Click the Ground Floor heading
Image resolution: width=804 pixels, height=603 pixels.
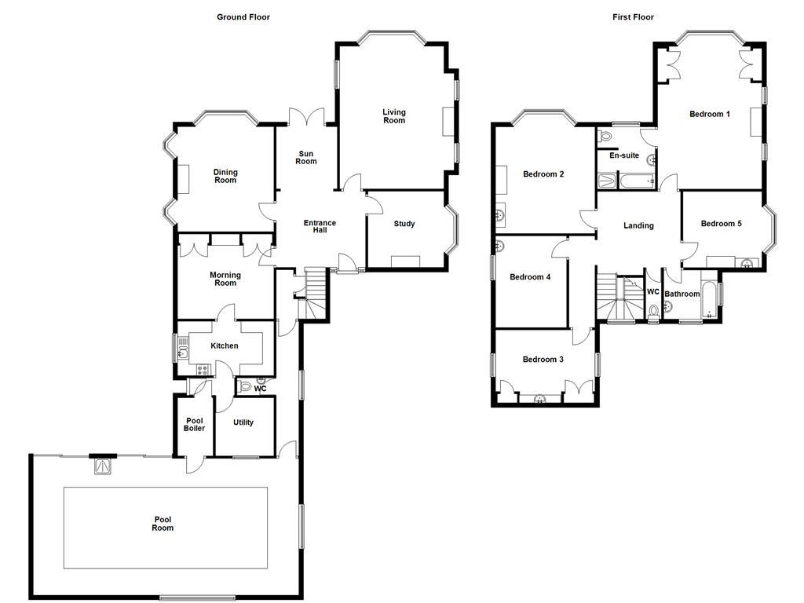[x=243, y=16]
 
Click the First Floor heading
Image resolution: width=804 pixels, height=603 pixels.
[x=633, y=16]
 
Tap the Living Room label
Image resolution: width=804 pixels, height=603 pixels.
[x=394, y=116]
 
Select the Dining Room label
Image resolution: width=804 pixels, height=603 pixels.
[x=225, y=177]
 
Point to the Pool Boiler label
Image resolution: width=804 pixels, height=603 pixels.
[x=194, y=425]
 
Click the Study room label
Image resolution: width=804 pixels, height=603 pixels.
[x=404, y=225]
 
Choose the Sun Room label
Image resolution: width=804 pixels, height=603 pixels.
[x=305, y=158]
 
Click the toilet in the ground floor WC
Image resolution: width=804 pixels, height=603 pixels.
[x=245, y=387]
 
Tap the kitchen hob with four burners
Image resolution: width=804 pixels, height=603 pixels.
[x=202, y=370]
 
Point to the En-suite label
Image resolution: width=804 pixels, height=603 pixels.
[x=624, y=155]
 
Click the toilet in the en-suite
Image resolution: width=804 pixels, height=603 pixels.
[x=605, y=137]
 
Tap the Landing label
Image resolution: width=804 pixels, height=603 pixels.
[x=638, y=226]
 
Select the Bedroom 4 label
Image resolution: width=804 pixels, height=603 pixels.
[x=530, y=277]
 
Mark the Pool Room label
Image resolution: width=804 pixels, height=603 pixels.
[x=163, y=524]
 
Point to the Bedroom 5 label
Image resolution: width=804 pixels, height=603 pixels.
[x=721, y=224]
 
